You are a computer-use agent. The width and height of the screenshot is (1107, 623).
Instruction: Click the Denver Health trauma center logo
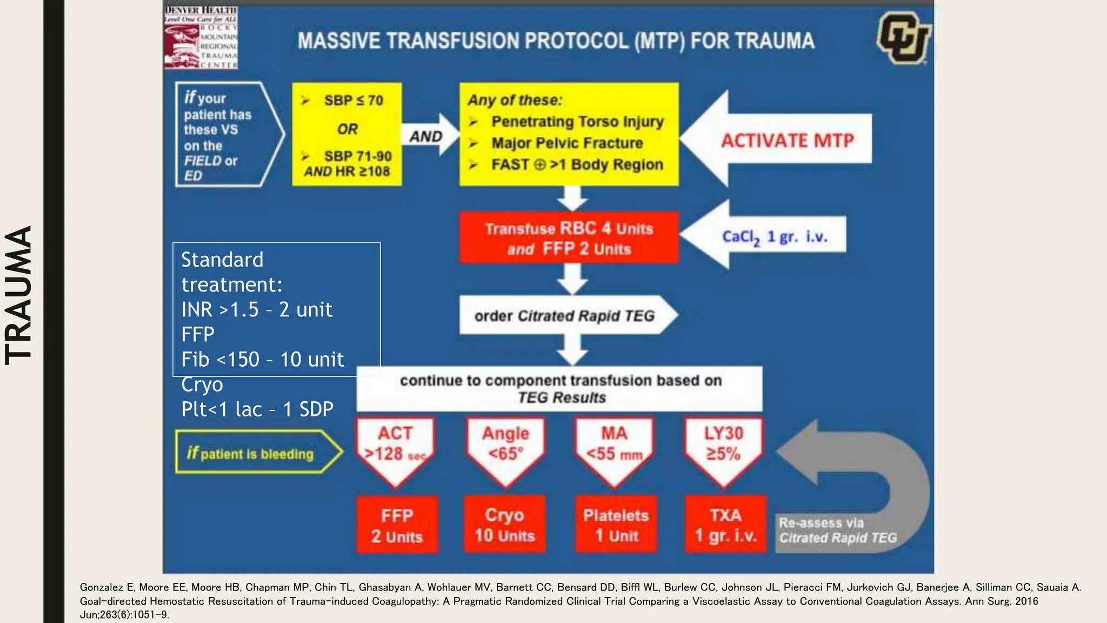pos(201,38)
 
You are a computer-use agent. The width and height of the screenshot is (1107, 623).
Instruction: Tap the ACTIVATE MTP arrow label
pos(787,141)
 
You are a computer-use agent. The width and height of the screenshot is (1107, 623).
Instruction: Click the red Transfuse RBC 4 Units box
pos(569,238)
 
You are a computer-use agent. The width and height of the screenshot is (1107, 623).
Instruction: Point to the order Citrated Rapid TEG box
pos(564,315)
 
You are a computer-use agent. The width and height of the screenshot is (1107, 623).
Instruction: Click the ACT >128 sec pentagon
pos(396,447)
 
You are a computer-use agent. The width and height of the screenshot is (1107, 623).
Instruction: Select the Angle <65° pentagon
pos(506,447)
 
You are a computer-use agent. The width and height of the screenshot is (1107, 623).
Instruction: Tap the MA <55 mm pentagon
pos(615,447)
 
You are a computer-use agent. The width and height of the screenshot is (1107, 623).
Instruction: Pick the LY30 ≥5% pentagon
pos(724,447)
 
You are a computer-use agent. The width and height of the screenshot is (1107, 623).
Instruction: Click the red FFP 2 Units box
pos(397,525)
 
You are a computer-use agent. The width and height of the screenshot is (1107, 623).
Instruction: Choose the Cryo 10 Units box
pos(504,525)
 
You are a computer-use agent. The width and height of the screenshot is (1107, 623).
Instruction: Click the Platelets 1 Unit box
pos(616,525)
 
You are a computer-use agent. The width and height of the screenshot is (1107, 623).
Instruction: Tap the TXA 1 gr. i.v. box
pos(725,525)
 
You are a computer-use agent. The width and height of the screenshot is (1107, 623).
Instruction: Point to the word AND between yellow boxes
pos(426,136)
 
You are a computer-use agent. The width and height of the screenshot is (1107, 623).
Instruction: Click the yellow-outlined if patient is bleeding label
pos(251,453)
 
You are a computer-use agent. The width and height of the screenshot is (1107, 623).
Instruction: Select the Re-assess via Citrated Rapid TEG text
pos(837,531)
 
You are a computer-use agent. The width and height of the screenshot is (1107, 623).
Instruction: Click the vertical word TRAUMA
pos(18,295)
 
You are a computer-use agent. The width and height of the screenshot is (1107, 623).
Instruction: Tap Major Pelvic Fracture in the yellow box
pos(567,143)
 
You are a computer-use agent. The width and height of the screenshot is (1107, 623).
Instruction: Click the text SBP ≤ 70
pos(354,101)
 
